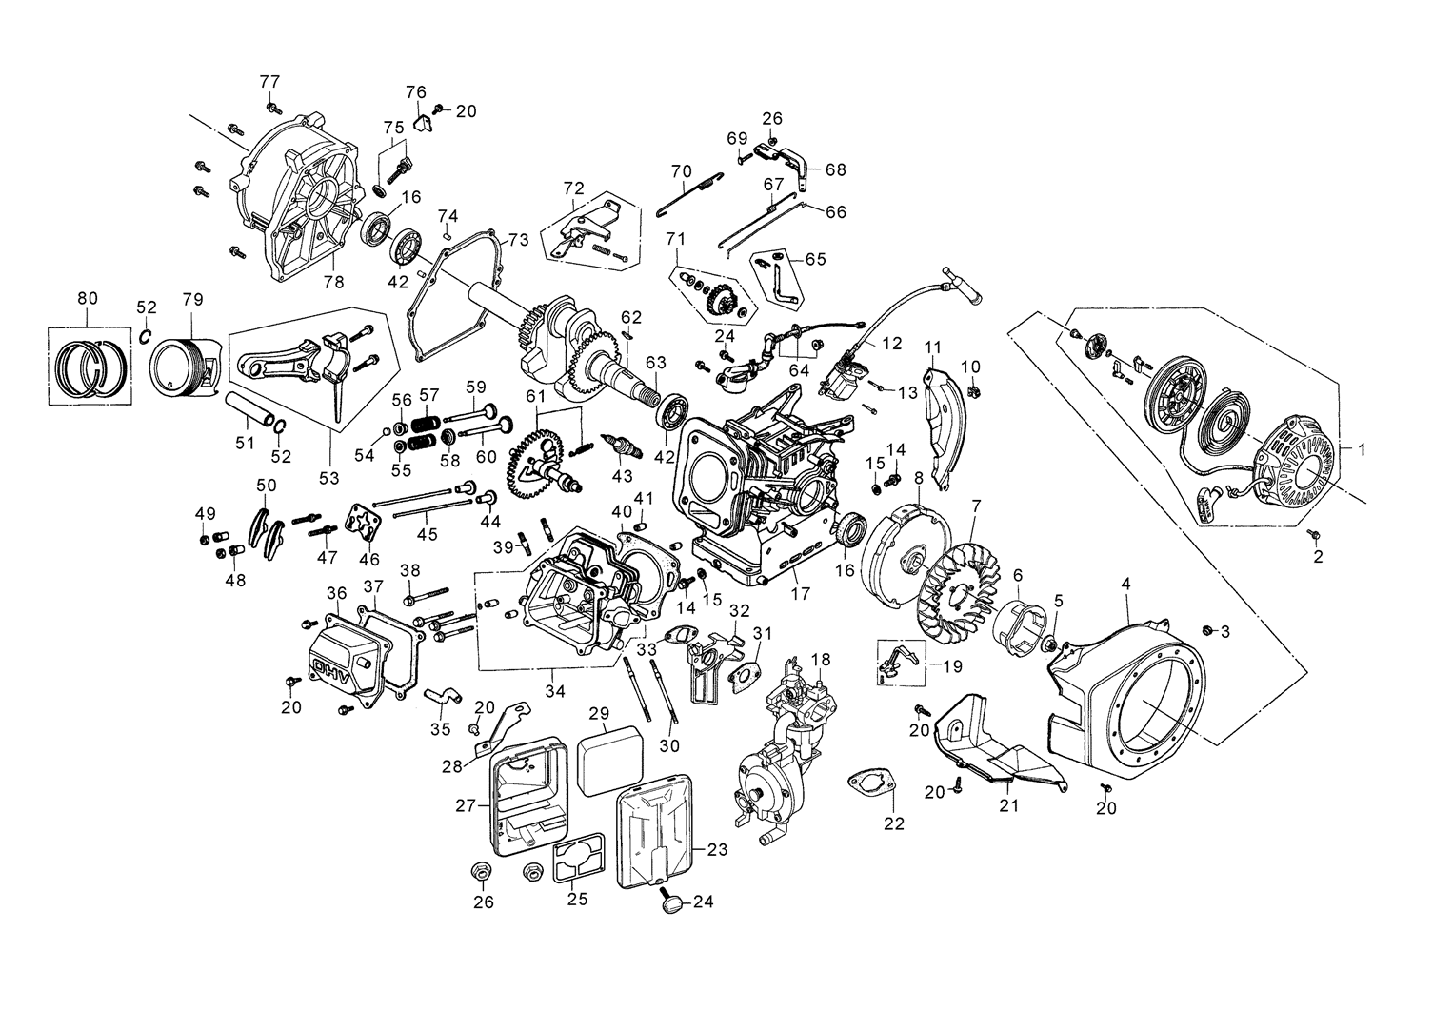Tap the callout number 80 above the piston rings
pos(87,298)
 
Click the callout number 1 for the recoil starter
pos(1362,446)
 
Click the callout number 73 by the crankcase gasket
pos(517,239)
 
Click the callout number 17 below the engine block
pos(800,593)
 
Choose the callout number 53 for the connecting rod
pos(328,478)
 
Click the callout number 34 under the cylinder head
pos(555,688)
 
